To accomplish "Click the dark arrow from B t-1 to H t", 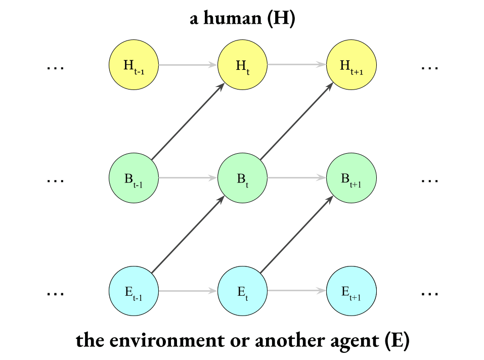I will pyautogui.click(x=188, y=122).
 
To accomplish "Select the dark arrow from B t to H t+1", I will pyautogui.click(x=297, y=122).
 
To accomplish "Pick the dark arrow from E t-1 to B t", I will pyautogui.click(x=188, y=235).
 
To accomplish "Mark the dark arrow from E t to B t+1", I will pyautogui.click(x=297, y=235).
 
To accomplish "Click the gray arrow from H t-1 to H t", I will pyautogui.click(x=189, y=65).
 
